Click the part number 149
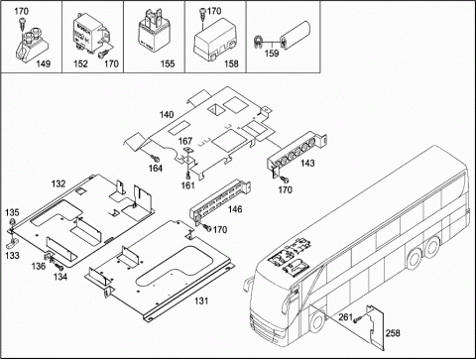tap(44, 63)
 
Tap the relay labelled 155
tap(153, 34)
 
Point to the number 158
tap(231, 63)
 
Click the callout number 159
tap(272, 54)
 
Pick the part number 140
tap(167, 115)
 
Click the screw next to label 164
tap(154, 158)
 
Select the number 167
tap(185, 141)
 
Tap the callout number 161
tap(187, 185)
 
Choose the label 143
tap(307, 163)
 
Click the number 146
tap(235, 209)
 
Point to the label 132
tap(59, 183)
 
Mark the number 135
tap(12, 212)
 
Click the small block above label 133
tap(12, 244)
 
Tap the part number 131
tap(201, 300)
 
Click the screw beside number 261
tap(357, 319)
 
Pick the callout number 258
tap(393, 333)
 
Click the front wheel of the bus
tap(316, 321)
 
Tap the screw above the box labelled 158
tap(202, 14)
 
